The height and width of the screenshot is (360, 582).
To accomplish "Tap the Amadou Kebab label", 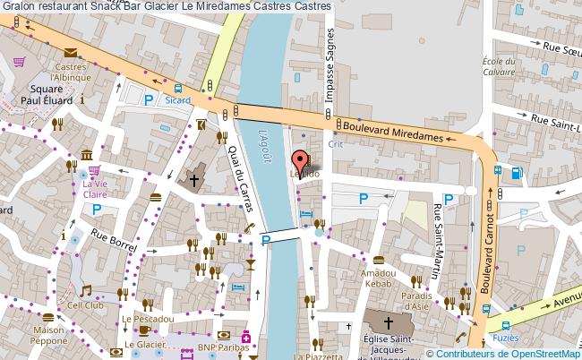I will pos(378,278).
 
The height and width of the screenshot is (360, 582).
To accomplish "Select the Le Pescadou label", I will pos(144,318).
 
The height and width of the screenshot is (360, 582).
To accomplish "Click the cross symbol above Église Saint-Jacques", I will pos(388,322).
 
